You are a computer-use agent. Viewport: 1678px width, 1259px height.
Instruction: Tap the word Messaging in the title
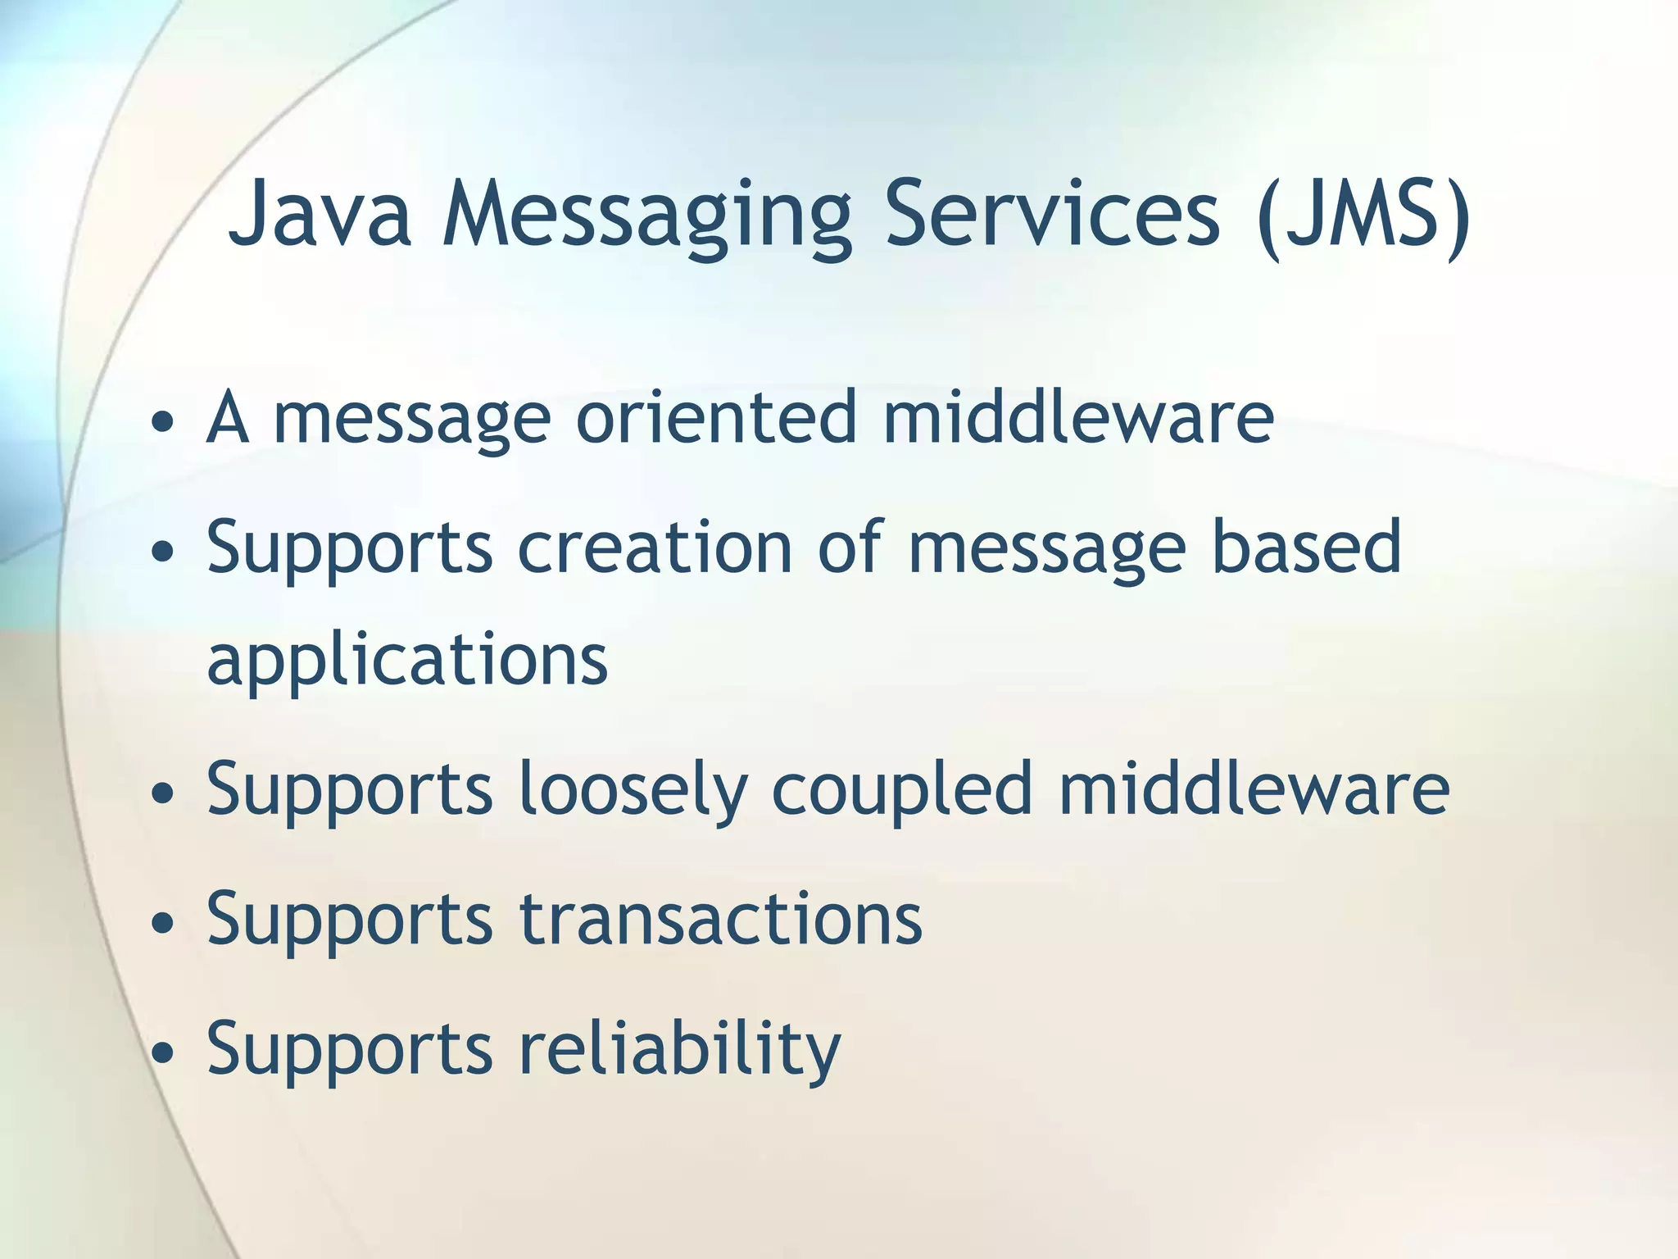click(x=646, y=217)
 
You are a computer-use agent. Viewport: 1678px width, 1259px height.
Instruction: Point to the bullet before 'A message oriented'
click(x=163, y=422)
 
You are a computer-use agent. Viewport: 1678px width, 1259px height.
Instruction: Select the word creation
click(x=655, y=547)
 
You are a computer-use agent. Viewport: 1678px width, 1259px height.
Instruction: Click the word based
click(x=1307, y=547)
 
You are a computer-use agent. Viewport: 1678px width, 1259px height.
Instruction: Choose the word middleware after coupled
click(x=1254, y=788)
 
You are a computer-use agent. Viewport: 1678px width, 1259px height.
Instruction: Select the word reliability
click(x=679, y=1050)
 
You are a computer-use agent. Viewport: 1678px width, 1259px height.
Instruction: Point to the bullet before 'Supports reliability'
click(x=163, y=1052)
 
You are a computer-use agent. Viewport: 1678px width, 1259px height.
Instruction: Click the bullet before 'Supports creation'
click(x=163, y=551)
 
